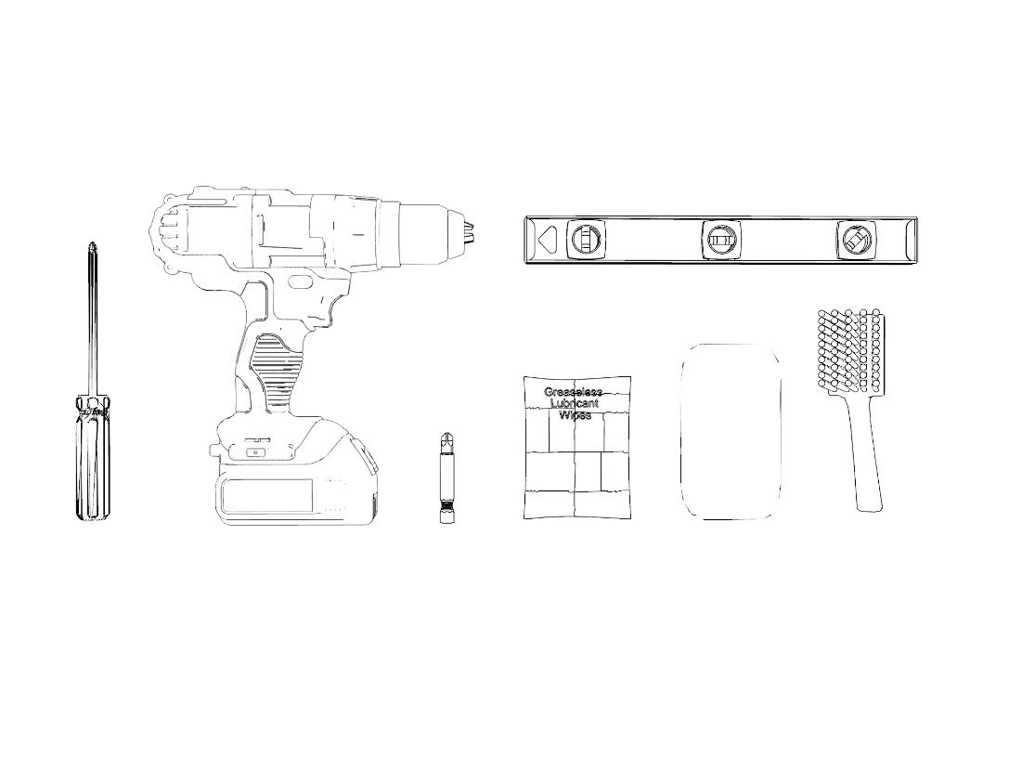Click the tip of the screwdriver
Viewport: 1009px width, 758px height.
pos(94,244)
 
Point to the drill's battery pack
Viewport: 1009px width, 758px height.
pos(296,477)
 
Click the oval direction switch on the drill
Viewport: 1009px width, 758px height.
pos(300,282)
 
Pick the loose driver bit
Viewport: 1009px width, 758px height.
pos(444,477)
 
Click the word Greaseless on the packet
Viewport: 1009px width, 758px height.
pos(573,392)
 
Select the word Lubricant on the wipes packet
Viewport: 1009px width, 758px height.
pos(573,404)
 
